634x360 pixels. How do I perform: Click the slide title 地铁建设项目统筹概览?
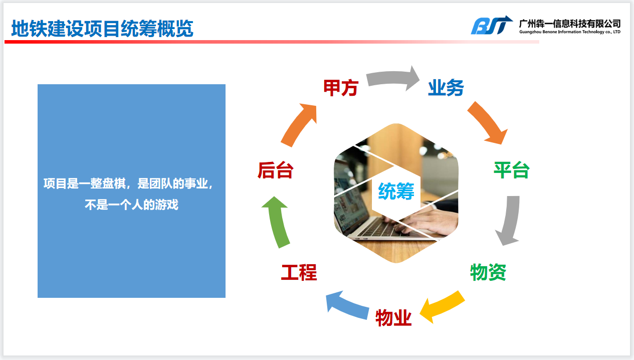pos(102,29)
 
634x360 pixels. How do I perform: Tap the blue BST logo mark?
pos(491,25)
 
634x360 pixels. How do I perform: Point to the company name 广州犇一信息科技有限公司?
pos(570,24)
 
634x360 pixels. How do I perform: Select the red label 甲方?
pos(341,88)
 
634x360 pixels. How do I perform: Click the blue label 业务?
pos(446,88)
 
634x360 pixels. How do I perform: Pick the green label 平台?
pos(511,170)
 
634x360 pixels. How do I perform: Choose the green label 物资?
pos(488,272)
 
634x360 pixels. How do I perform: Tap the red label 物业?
pos(393,318)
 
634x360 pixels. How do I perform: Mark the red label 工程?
pos(299,272)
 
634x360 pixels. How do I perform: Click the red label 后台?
pos(275,170)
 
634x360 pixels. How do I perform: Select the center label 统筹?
pos(396,191)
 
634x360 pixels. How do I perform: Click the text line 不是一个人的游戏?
pos(132,205)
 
